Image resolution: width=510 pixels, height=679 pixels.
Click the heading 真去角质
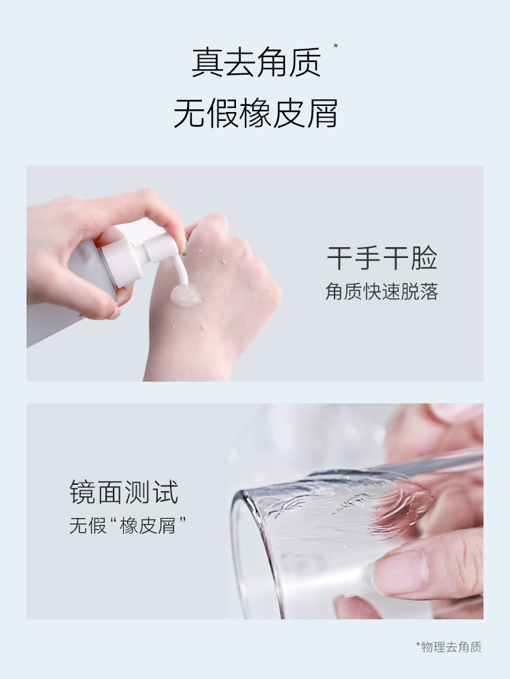pos(256,62)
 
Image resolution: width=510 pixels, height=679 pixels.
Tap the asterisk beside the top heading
pos(335,45)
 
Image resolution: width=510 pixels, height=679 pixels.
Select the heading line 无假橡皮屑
pos(256,113)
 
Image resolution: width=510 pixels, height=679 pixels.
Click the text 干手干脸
pos(381,258)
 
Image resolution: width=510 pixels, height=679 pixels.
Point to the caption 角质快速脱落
pos(381,291)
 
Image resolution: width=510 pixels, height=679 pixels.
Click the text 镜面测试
pos(124,492)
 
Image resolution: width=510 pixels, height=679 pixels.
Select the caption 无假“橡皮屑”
pos(128,526)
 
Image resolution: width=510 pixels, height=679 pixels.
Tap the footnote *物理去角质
pos(449,647)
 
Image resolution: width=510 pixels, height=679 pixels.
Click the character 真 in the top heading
pos(207,62)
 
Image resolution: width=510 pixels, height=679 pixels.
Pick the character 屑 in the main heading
pos(322,113)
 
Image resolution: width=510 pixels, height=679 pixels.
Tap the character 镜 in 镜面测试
pos(83,492)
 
